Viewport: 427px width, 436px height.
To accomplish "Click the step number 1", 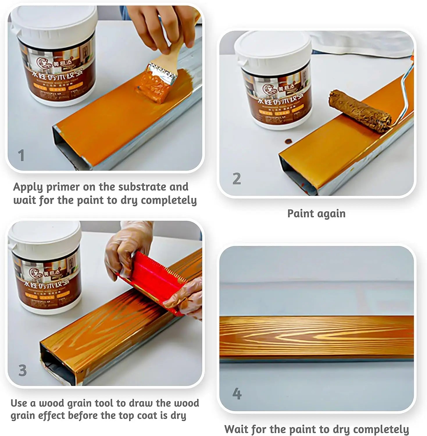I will [x=21, y=156].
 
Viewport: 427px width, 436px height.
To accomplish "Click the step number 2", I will [x=237, y=178].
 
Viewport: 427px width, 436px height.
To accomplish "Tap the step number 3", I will [x=22, y=370].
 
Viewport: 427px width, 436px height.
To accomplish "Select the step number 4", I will [x=237, y=394].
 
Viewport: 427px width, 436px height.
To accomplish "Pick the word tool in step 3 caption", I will [x=104, y=403].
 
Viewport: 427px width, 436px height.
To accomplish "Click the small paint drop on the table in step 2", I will [x=288, y=141].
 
